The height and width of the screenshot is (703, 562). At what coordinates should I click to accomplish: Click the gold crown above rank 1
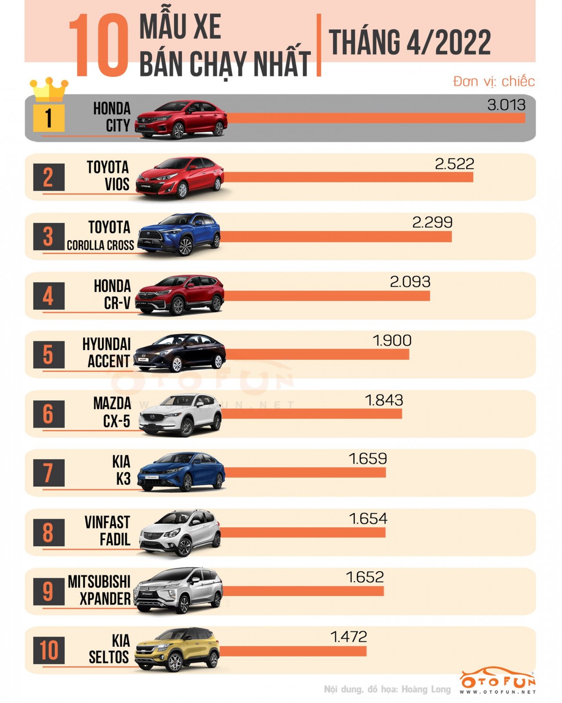(49, 89)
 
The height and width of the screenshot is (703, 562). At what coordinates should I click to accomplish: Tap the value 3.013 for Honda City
(506, 105)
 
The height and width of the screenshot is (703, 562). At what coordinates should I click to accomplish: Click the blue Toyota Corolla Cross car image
(179, 234)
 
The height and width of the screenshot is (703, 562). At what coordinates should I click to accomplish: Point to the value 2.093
(410, 282)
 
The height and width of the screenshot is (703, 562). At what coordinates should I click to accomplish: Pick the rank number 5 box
(49, 355)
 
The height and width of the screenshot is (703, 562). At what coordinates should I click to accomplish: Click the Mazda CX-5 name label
(112, 412)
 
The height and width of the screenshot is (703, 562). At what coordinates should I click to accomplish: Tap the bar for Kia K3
(305, 472)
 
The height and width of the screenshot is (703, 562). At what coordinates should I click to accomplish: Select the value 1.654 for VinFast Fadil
(368, 518)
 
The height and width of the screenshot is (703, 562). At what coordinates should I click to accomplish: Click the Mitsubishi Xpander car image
(179, 590)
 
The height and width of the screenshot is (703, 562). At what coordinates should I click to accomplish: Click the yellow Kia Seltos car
(177, 649)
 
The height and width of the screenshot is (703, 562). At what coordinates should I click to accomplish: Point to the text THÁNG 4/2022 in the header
(409, 43)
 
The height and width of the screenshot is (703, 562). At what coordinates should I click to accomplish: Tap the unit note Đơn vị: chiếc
(494, 81)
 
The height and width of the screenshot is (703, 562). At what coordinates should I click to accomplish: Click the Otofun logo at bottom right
(497, 681)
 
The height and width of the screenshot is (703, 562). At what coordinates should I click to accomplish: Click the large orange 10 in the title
(99, 45)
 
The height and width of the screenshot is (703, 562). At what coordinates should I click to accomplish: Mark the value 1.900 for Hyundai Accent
(392, 341)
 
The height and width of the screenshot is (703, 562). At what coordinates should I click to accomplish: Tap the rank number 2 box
(49, 177)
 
